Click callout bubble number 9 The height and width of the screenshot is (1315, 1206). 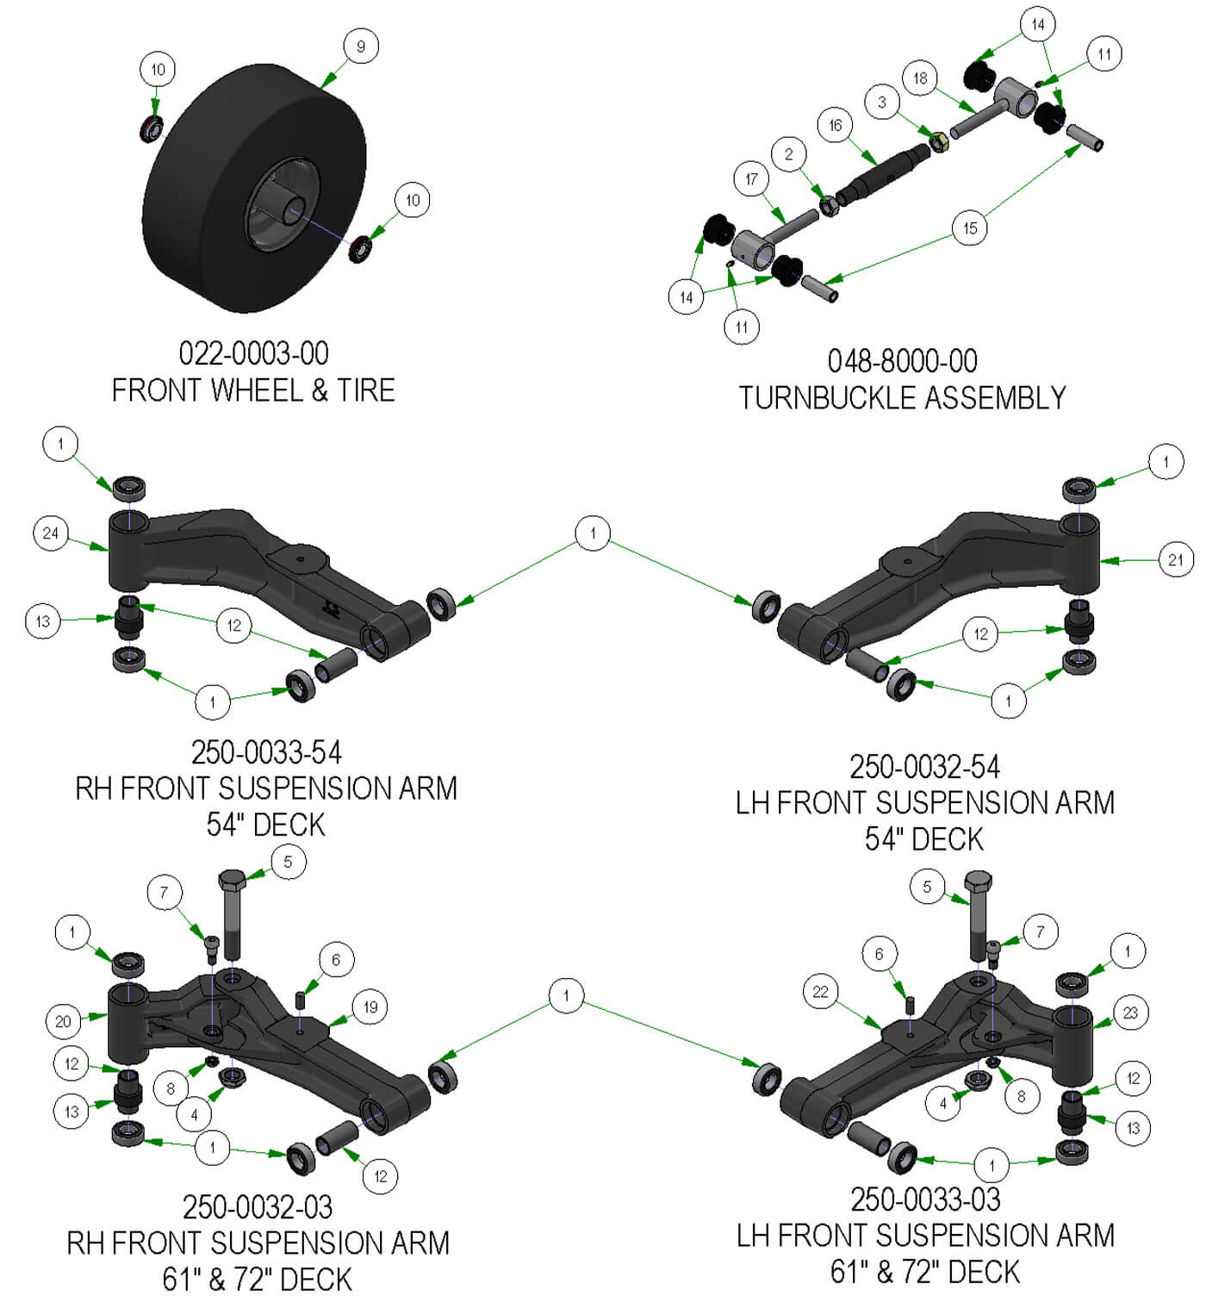pos(361,47)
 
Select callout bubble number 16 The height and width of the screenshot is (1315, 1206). pos(835,126)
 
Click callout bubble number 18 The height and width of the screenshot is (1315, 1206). pos(920,78)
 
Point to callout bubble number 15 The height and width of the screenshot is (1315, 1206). pos(970,228)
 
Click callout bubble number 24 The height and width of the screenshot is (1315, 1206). pos(51,533)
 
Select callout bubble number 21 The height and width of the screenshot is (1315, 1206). pos(1176,560)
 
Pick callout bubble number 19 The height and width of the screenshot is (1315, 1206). pos(370,1007)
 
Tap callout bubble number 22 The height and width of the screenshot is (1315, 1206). pos(820,992)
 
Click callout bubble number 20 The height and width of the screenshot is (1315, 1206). pos(63,1022)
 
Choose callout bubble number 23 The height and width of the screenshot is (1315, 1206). pos(1130,1013)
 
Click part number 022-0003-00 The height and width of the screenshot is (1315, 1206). pos(253,353)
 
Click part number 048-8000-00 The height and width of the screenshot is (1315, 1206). pos(902,360)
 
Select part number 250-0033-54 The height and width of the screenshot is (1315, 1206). pos(266,752)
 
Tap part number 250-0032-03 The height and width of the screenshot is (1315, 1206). pos(258,1206)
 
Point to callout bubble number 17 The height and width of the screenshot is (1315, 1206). pos(751,179)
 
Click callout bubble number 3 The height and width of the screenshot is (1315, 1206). pos(881,102)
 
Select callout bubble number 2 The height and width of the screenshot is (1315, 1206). pos(788,155)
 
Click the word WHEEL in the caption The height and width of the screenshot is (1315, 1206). pos(258,390)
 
